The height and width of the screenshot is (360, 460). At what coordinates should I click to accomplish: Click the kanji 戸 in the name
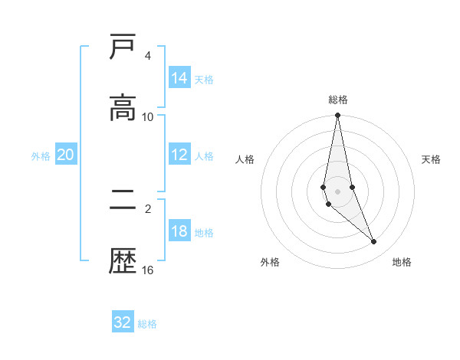pyautogui.click(x=123, y=48)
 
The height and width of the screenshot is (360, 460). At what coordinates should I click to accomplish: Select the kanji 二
pyautogui.click(x=123, y=201)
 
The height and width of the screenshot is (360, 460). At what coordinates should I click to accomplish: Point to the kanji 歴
pyautogui.click(x=123, y=262)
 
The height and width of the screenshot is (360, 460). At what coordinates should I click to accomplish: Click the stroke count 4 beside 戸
pyautogui.click(x=148, y=55)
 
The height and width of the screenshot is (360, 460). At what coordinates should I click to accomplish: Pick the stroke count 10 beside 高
pyautogui.click(x=148, y=116)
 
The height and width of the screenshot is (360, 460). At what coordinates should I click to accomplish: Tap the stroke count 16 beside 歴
pyautogui.click(x=148, y=270)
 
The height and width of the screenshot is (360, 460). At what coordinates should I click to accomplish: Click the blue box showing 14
pyautogui.click(x=179, y=78)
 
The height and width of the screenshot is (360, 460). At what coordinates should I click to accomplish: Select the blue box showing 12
pyautogui.click(x=179, y=155)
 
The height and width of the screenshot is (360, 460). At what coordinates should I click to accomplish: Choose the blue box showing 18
pyautogui.click(x=179, y=231)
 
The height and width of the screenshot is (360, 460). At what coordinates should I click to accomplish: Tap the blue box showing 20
pyautogui.click(x=66, y=155)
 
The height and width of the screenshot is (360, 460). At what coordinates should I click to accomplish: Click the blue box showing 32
pyautogui.click(x=123, y=322)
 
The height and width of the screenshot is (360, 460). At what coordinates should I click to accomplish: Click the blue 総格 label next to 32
pyautogui.click(x=148, y=324)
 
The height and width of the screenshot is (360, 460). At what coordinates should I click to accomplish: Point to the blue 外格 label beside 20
pyautogui.click(x=41, y=156)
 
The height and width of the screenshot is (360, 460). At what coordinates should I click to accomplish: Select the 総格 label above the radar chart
pyautogui.click(x=338, y=100)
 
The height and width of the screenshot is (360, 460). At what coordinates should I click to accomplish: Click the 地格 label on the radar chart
pyautogui.click(x=402, y=263)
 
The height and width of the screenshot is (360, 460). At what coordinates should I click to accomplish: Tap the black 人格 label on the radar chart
pyautogui.click(x=245, y=159)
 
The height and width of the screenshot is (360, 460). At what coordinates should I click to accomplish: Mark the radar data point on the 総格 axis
pyautogui.click(x=337, y=116)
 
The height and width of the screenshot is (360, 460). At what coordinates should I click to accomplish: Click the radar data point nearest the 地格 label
pyautogui.click(x=374, y=242)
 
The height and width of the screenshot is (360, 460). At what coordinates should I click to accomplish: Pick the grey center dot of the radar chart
pyautogui.click(x=337, y=191)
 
